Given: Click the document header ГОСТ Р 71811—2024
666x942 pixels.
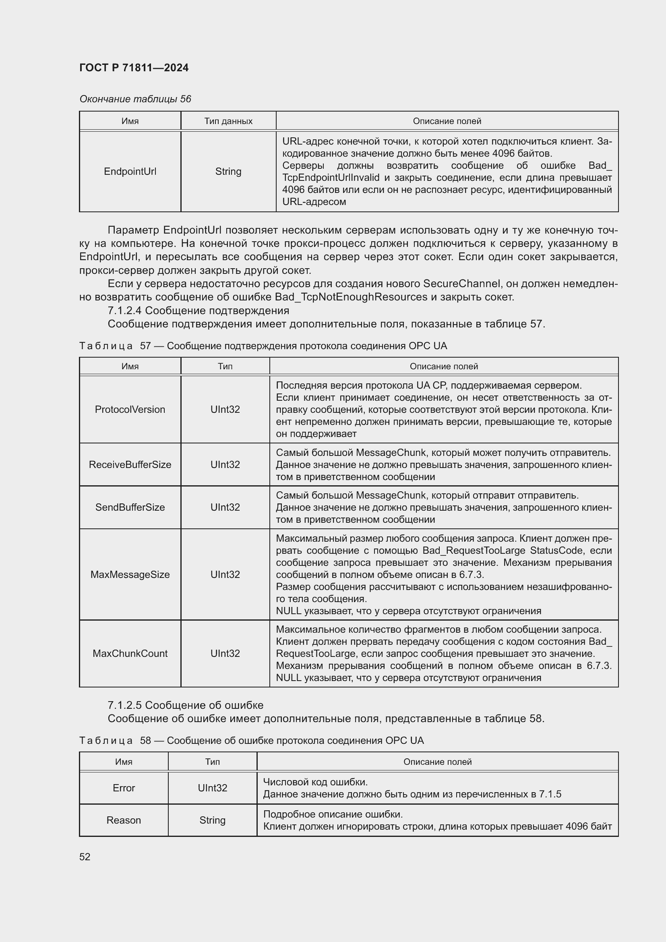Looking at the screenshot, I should pos(134,68).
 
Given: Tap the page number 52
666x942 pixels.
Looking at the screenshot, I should pos(85,857).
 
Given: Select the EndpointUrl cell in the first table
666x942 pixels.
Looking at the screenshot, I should pos(130,172).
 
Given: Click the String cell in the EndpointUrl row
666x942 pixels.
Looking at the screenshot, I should pos(228,172).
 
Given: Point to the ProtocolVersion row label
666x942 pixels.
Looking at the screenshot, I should pos(130,410).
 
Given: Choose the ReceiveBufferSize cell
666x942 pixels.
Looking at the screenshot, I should pos(130,464).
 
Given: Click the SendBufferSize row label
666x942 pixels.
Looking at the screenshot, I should pos(130,507).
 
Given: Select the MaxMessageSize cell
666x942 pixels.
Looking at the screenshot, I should pos(130,574).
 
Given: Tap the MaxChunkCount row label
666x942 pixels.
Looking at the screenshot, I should pos(130,653).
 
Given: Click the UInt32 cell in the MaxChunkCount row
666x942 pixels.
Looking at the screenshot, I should pos(225,653).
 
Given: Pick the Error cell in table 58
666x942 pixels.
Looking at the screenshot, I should pos(124,788).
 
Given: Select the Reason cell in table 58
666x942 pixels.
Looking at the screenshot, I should pos(124,820).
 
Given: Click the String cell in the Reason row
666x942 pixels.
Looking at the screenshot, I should pos(213,820).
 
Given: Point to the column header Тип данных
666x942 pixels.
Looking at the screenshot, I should pos(228,121).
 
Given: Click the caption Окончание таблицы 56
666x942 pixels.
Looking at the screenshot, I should pos(135,99).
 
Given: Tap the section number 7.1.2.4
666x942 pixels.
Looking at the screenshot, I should pos(125,311).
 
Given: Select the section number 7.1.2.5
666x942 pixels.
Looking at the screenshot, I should pos(125,705).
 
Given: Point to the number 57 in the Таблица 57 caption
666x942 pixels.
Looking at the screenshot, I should pos(145,346).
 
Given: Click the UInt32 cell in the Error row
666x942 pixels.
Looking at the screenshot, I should pos(213,788).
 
